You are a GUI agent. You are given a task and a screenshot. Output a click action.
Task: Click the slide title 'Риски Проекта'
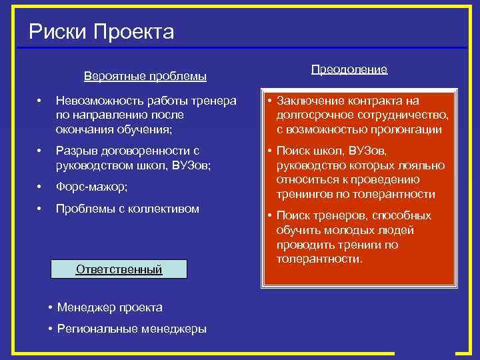click(101, 31)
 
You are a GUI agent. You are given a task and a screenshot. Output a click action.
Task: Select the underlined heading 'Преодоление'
click(349, 69)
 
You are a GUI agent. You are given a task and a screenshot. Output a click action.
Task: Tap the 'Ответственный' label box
click(119, 270)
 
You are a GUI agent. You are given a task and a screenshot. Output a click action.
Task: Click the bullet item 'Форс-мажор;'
click(91, 187)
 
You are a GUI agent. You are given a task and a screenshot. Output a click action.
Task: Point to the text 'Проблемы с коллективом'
click(127, 209)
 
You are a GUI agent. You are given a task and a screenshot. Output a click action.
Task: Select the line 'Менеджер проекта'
click(109, 307)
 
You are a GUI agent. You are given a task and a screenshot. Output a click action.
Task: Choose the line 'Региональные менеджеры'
click(131, 329)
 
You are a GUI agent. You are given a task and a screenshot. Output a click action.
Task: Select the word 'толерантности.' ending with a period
click(320, 258)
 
